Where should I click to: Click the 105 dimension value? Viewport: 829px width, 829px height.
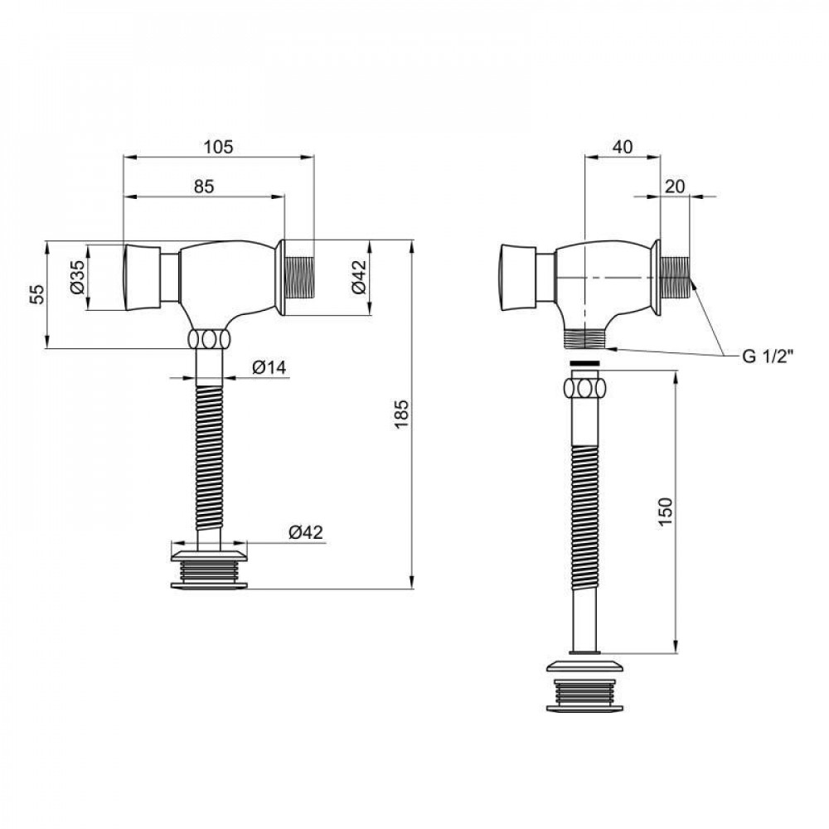[219, 147]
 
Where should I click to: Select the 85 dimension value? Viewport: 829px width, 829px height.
[204, 187]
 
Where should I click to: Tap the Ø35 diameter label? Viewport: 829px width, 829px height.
[75, 277]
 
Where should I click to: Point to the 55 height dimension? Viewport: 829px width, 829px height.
[36, 294]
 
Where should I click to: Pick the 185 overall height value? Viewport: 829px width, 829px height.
[401, 414]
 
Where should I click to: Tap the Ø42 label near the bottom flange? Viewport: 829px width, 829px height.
[305, 533]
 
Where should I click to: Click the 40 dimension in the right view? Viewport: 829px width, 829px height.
[622, 147]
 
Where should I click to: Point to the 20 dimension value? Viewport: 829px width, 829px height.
[675, 186]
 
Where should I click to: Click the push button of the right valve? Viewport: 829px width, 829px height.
[516, 277]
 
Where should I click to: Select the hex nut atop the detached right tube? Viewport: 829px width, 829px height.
[587, 387]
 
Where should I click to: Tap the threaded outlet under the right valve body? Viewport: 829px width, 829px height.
[587, 338]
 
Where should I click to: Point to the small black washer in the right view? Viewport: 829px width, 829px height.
[587, 364]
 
